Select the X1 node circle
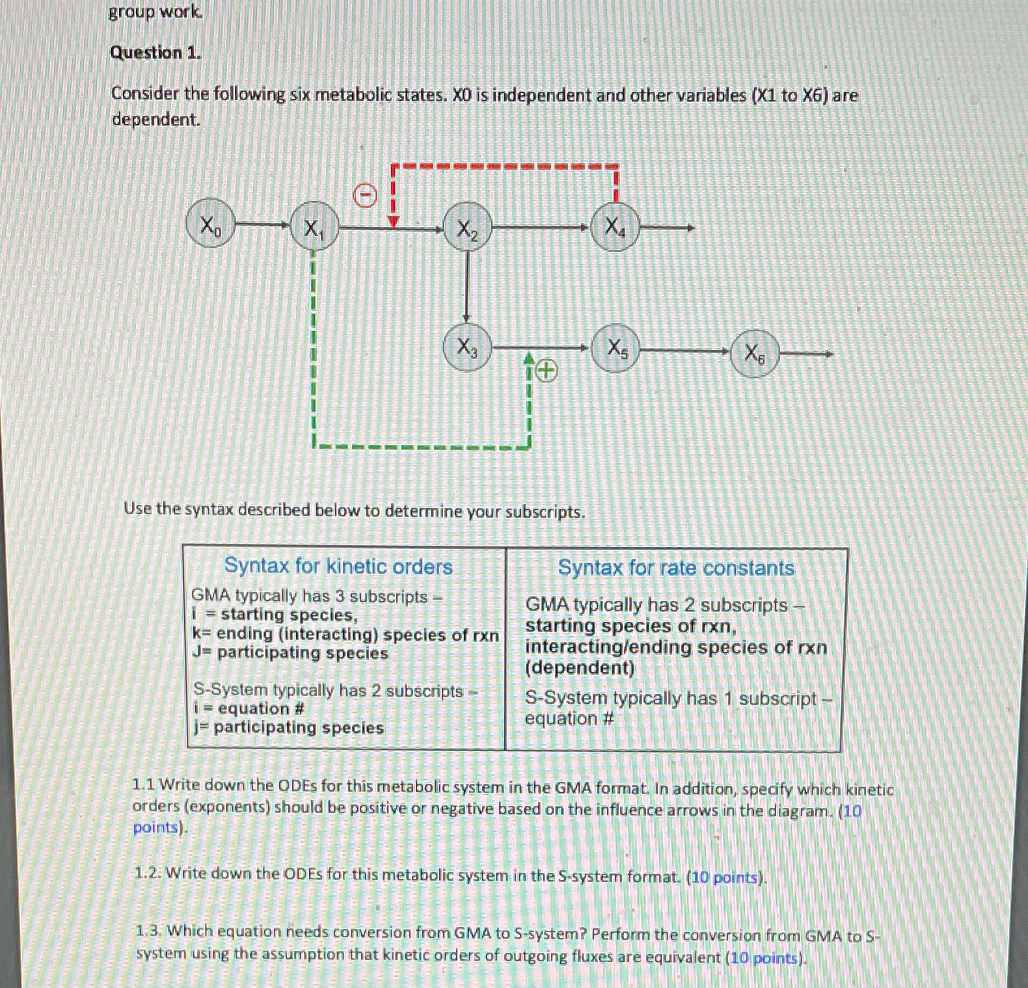[314, 227]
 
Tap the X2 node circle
[467, 229]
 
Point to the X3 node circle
[467, 347]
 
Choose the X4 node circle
[615, 227]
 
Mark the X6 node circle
[754, 354]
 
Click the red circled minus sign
[366, 194]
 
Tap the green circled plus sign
[547, 371]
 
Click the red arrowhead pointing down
[393, 222]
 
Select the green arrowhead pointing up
[530, 358]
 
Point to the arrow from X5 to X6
[684, 351]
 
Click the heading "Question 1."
[156, 53]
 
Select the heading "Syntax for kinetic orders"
[338, 566]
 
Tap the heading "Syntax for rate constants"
[676, 568]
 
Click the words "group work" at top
[155, 12]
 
